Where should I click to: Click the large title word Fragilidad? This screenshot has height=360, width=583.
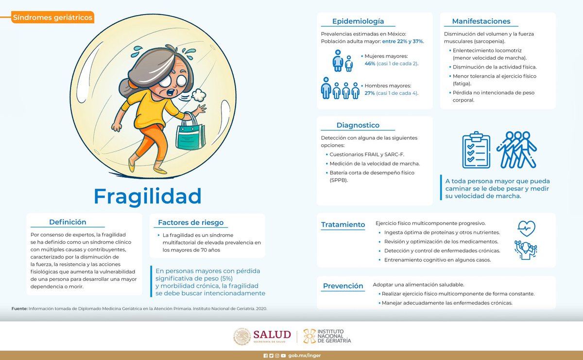(147, 196)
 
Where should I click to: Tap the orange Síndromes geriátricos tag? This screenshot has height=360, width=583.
(52, 17)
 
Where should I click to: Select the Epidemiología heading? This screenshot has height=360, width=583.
(358, 21)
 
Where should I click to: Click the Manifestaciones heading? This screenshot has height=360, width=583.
(481, 21)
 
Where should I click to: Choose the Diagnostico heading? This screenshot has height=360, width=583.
(358, 125)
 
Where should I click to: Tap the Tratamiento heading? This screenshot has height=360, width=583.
(343, 224)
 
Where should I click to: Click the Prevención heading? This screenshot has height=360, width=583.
(343, 286)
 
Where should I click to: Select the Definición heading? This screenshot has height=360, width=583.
(68, 222)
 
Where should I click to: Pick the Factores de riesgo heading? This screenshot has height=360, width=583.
(190, 223)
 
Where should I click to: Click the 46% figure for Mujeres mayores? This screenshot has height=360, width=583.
(370, 64)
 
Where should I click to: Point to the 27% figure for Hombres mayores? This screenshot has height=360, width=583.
(370, 93)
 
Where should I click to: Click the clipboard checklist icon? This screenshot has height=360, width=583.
(476, 150)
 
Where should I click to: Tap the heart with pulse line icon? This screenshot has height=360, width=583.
(527, 227)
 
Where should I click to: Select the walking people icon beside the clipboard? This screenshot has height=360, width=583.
(516, 150)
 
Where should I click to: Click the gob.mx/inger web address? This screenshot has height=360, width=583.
(305, 355)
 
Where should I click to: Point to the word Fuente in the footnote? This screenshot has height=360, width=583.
(19, 308)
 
